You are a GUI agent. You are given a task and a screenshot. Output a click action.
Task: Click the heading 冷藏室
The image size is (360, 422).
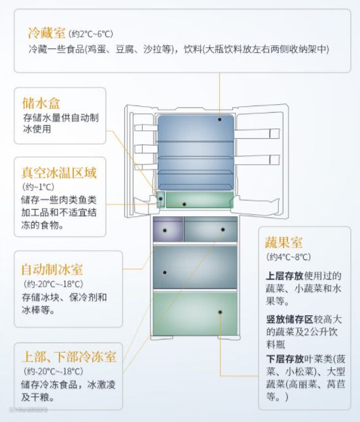tap(46, 33)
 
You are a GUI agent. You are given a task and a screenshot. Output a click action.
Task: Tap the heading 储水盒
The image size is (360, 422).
tap(41, 103)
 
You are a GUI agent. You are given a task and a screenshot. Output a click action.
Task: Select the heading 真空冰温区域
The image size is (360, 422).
tap(59, 172)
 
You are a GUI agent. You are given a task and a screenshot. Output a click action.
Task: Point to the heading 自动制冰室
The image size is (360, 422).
tap(52, 269)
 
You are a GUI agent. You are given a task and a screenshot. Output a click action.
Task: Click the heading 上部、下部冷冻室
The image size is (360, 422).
tap(69, 356)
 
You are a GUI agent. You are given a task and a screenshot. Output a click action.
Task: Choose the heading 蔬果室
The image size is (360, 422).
tap(283, 242)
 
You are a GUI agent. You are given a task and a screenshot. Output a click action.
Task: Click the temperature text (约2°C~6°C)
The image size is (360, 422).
tap(90, 34)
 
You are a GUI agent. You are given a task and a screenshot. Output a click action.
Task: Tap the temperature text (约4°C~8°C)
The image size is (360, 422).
tap(289, 257)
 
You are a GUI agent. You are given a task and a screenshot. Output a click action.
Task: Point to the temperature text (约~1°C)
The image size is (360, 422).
tap(38, 187)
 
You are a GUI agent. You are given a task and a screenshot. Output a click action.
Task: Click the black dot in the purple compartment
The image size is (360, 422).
tap(164, 231)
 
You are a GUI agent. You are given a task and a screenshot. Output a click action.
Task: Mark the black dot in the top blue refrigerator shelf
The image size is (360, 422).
tap(220, 119)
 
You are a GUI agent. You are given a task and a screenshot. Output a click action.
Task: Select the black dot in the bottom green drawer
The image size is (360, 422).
tap(220, 312)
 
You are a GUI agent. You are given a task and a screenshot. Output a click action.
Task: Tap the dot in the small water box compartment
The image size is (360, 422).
tap(160, 199)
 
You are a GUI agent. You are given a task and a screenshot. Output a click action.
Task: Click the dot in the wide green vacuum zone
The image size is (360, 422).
tap(184, 204)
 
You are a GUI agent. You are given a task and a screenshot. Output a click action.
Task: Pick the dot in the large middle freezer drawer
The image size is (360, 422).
tap(164, 273)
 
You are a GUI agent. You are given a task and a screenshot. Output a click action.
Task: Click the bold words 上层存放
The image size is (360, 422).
tap(285, 276)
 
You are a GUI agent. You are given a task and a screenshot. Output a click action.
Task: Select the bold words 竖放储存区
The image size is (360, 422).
tap(289, 320)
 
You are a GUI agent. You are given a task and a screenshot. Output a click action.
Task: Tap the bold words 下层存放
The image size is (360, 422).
tap(285, 358)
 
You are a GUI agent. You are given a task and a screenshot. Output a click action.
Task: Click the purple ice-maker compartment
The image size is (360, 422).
tap(168, 229)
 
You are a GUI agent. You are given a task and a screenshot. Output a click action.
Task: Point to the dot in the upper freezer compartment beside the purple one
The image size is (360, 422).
tap(223, 229)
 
